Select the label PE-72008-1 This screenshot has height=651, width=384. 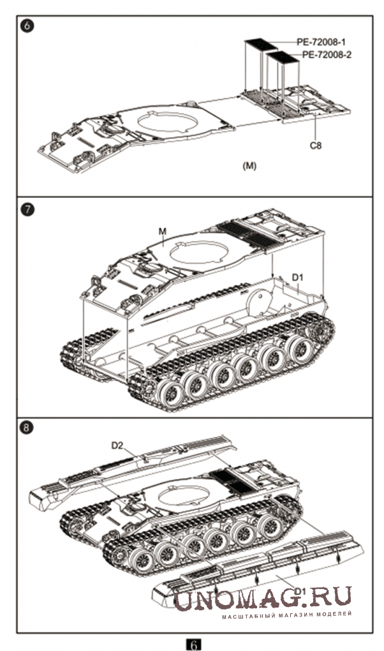(x=321, y=41)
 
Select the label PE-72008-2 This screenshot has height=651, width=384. (x=326, y=55)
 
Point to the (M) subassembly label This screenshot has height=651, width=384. (x=249, y=166)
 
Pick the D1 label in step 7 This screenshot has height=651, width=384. (x=298, y=276)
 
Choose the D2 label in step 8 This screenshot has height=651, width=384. (x=117, y=445)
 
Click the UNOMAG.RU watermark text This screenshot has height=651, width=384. (x=262, y=599)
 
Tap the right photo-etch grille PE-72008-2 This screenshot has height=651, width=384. (x=283, y=59)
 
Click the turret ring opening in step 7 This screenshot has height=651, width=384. (x=199, y=251)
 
